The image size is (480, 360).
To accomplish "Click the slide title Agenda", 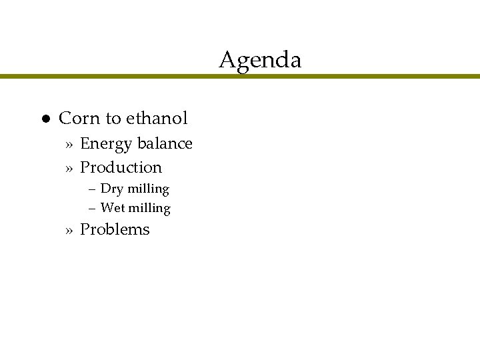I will click(260, 61).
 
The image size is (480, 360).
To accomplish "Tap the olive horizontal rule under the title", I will click(240, 77).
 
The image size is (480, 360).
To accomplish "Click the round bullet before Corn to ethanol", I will click(41, 119).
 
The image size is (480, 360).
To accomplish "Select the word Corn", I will click(79, 119).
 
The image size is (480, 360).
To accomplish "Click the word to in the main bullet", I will click(113, 119).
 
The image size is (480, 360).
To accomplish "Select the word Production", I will click(121, 167).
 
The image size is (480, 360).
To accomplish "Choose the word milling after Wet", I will click(150, 209).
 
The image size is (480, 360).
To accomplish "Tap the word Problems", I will click(115, 230).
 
